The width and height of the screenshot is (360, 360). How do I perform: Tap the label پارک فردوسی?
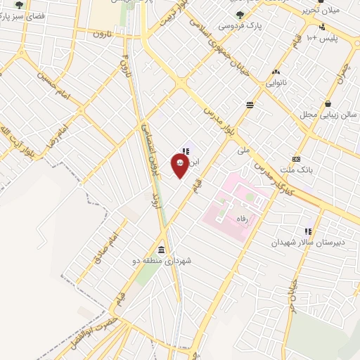tap(235, 25)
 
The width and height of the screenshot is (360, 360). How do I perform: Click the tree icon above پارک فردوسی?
tap(240, 14)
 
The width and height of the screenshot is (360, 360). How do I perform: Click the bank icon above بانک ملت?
tap(296, 159)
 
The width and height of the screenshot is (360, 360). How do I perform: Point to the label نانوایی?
tap(276, 82)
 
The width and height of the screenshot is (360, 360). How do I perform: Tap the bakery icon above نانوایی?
tap(276, 72)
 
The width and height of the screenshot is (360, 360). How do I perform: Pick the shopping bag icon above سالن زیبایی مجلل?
tap(328, 103)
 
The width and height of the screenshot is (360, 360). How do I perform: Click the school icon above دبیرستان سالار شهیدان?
tap(307, 231)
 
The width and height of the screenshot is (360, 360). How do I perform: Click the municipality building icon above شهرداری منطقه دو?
tap(162, 250)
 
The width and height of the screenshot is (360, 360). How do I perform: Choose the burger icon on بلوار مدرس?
tap(250, 105)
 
